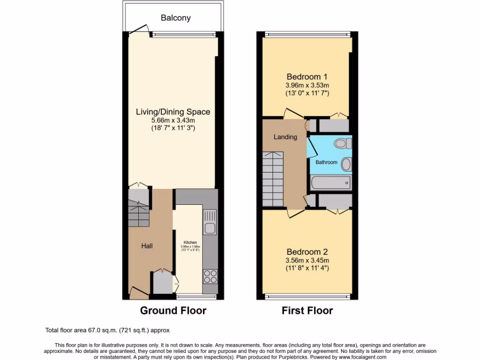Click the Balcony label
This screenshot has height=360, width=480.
176,18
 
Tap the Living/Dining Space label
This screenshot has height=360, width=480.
173,112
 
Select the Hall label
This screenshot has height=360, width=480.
147,246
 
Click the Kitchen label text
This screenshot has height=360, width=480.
190,242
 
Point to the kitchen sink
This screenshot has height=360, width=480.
209,228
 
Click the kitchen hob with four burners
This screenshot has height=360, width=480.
209,276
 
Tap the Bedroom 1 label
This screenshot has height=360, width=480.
307,77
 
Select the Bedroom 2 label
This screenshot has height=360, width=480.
307,252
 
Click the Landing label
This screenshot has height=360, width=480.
285,137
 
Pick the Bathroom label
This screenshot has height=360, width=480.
326,162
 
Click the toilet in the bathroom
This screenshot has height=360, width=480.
341,143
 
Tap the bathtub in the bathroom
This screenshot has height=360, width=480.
330,182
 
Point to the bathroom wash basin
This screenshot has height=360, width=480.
346,164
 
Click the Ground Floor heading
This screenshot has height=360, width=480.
173,310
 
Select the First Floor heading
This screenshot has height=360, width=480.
307,310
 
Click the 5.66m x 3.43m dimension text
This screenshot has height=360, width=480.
173,120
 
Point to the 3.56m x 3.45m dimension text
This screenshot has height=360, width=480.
307,261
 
